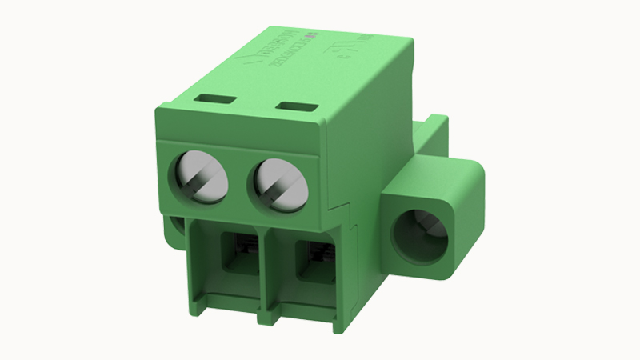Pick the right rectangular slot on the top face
point(293,106)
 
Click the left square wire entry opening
point(239,254)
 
